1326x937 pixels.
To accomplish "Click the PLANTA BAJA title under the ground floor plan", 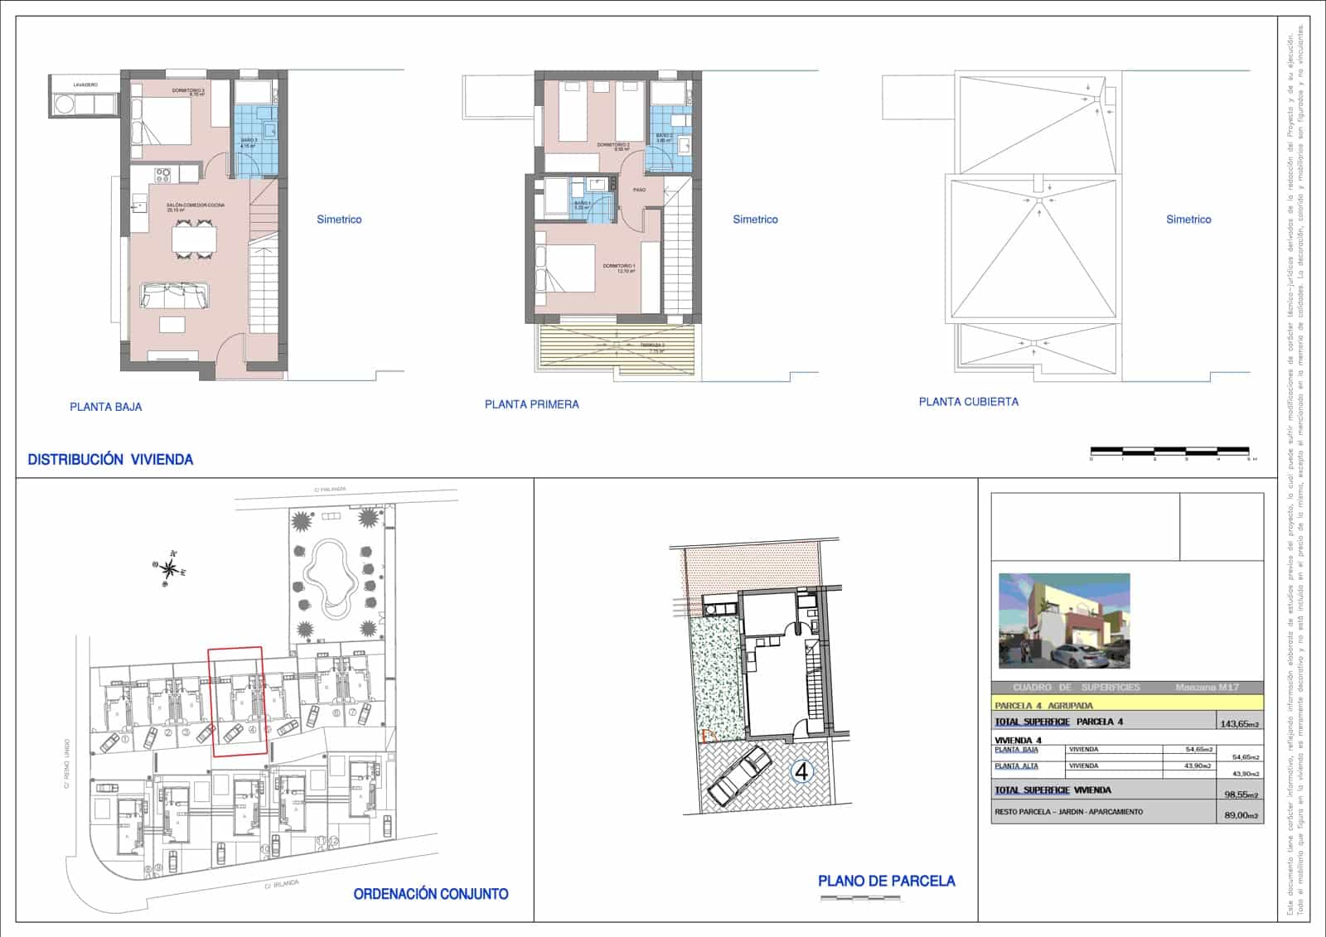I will pos(105,407).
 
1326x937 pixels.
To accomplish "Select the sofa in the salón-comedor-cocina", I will pos(175,295).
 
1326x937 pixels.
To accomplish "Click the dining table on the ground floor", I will pos(194,239).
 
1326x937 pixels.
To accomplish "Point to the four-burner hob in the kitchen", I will pos(163,174).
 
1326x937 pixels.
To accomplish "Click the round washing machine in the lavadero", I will pos(63,104).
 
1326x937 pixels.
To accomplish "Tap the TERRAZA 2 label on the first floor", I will pos(652,345).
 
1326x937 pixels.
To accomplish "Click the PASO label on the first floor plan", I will pos(639,190).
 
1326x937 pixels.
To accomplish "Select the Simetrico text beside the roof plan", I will pos(1188,220).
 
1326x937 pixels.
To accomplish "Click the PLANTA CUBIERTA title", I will pos(968,402).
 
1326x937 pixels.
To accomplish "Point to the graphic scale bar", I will pos(1169,451).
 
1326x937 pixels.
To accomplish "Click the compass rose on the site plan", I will pos(169,568).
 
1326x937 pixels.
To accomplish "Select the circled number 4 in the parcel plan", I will pos(801,772).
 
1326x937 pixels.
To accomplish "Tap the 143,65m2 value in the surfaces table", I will pos(1239,723).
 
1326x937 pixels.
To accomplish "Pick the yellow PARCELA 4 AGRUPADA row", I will pos(1127,705).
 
